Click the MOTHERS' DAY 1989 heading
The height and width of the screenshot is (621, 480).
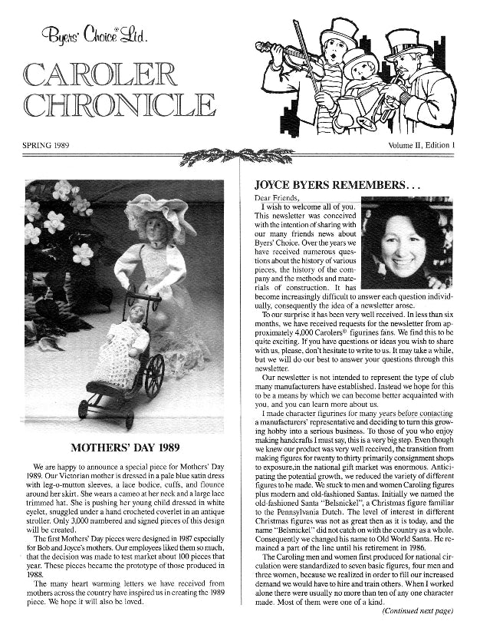coord(126,447)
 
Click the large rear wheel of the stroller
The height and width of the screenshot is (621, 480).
coord(154,375)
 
